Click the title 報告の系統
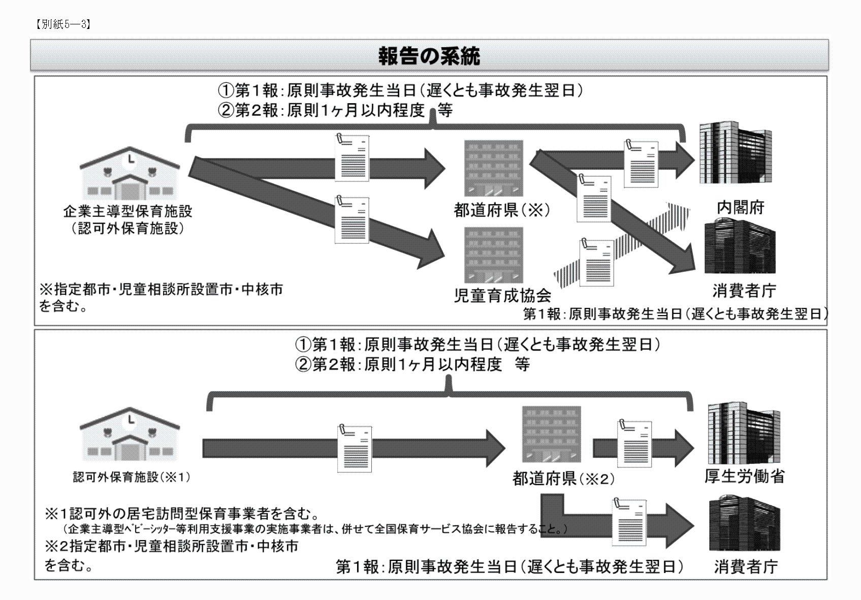coord(429,56)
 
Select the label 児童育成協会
coord(502,295)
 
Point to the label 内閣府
coord(740,207)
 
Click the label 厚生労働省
coord(744,476)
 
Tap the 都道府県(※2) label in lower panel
coord(563,479)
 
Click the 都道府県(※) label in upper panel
coord(502,210)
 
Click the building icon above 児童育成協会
coord(493,255)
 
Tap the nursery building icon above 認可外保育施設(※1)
coord(130,434)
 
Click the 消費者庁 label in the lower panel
coord(745,566)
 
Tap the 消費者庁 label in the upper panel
coord(744,291)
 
